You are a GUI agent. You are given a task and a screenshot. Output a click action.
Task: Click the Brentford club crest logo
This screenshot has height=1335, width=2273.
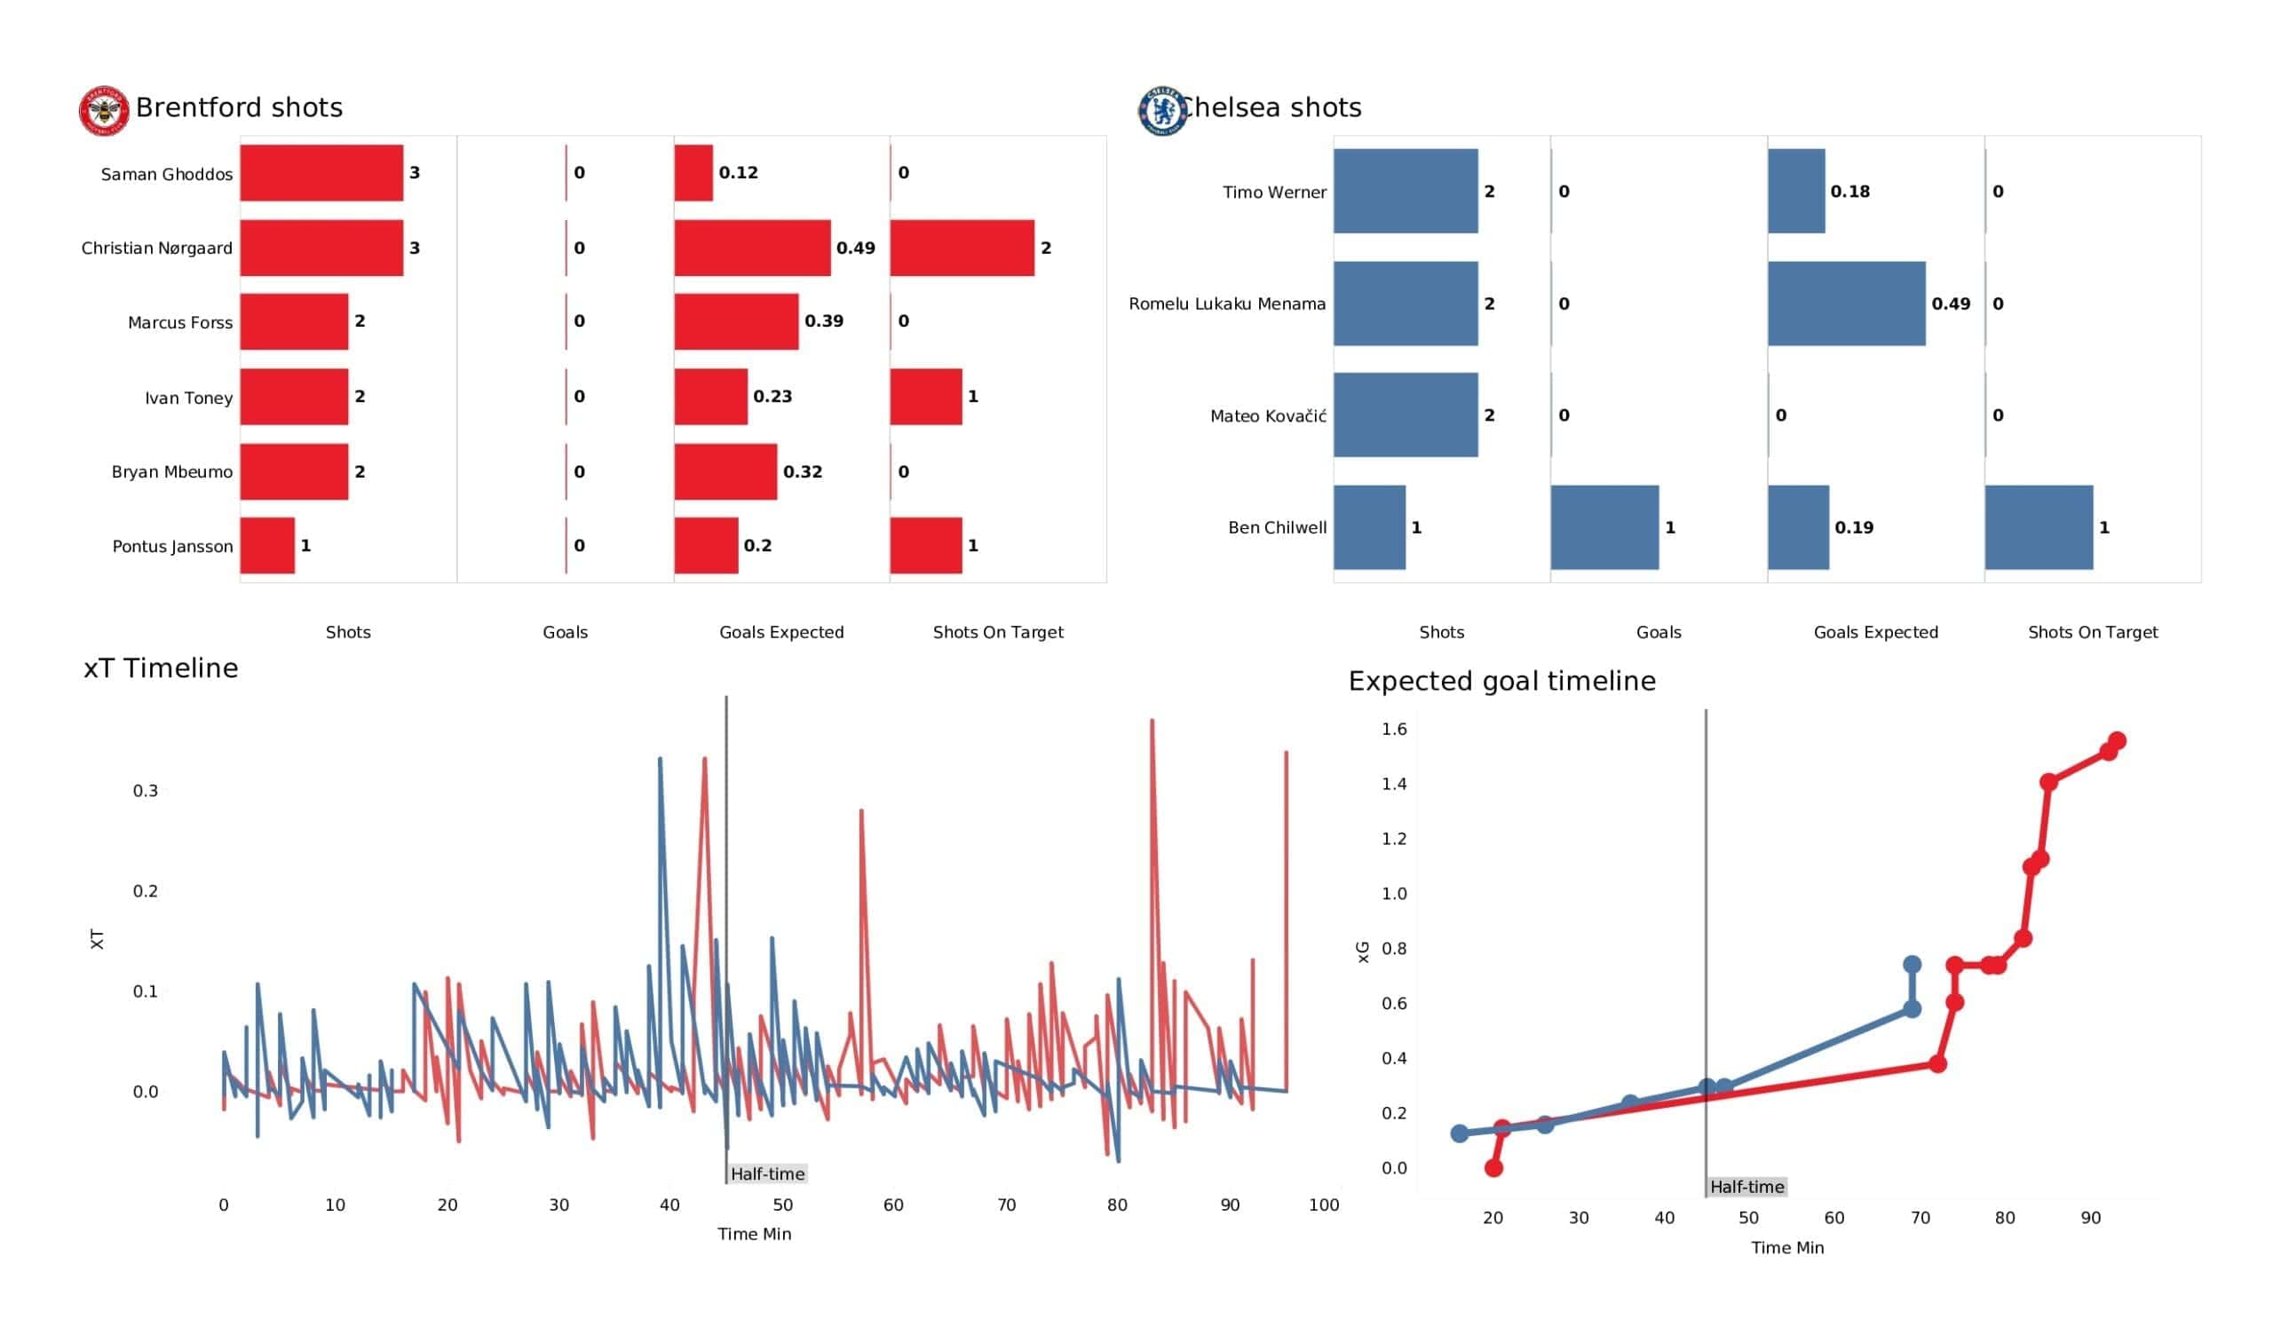point(104,111)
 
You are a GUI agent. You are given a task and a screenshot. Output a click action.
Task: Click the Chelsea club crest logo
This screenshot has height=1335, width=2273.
point(1162,111)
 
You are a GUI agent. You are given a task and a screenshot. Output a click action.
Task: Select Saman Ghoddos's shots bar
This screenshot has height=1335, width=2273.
point(321,172)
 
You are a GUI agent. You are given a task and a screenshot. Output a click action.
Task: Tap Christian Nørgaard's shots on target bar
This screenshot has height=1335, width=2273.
point(962,247)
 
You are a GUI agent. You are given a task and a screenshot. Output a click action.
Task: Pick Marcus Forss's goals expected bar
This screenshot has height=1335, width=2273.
point(736,321)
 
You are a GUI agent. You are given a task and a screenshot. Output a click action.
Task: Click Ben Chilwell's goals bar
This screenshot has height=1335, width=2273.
point(1604,526)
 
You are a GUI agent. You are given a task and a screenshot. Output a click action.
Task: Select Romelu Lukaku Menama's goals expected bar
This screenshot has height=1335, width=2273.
point(1845,303)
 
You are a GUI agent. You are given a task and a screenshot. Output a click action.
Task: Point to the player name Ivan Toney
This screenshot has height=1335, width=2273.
point(188,398)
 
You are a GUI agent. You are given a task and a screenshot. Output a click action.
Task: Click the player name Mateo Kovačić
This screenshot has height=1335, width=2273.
point(1267,415)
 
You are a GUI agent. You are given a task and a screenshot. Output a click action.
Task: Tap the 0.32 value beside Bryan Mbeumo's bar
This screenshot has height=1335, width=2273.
point(802,471)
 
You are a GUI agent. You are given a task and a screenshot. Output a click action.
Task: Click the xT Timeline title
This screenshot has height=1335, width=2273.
point(161,668)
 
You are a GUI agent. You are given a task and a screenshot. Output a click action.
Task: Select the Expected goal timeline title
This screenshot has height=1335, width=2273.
point(1501,681)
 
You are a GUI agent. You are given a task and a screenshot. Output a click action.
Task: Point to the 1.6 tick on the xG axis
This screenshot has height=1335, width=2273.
point(1394,729)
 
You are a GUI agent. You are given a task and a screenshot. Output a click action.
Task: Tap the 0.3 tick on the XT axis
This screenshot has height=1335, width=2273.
point(146,791)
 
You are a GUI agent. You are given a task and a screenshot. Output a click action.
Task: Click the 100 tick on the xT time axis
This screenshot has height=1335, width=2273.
point(1323,1205)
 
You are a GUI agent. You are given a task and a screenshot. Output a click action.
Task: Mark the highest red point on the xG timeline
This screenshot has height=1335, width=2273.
point(2117,740)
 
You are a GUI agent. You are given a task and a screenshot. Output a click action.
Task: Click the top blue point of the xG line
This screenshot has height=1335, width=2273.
point(1912,964)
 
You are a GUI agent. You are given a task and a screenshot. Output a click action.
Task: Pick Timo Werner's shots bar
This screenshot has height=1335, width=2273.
point(1406,191)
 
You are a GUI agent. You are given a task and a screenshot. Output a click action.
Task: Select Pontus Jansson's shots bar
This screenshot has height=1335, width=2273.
point(267,545)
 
